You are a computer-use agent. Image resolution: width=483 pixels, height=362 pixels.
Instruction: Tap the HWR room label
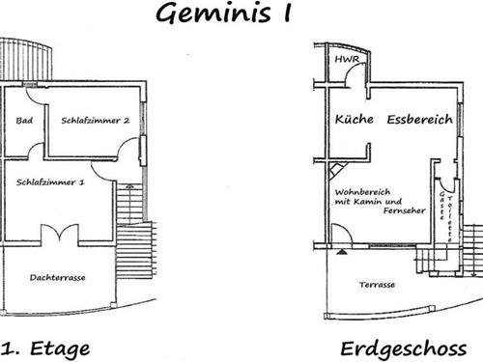click(345, 60)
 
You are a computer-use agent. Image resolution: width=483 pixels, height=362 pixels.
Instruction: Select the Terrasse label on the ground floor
click(377, 286)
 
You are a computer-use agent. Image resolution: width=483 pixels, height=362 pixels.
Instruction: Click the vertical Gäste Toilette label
click(443, 205)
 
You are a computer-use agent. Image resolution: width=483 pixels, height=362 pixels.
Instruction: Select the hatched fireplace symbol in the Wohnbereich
click(334, 171)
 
